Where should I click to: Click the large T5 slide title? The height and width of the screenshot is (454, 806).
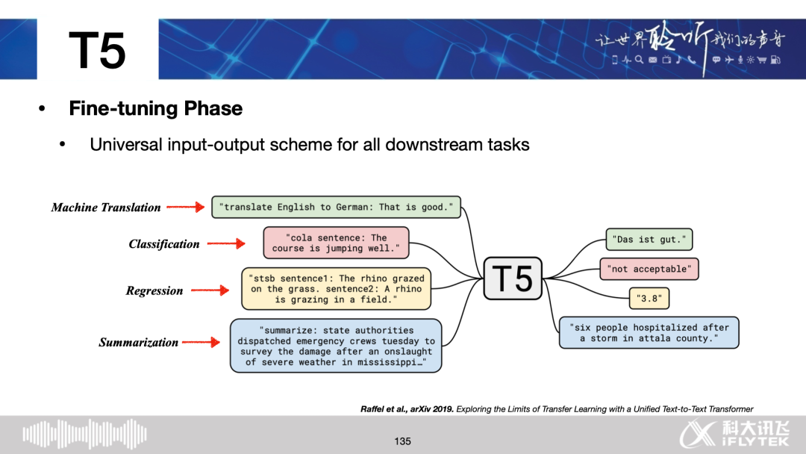click(x=97, y=51)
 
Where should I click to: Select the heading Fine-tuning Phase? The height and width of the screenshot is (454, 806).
click(x=155, y=108)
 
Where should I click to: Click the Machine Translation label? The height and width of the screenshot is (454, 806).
click(x=106, y=208)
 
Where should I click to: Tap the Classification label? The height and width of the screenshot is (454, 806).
click(x=164, y=244)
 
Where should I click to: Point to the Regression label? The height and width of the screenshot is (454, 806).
click(x=154, y=291)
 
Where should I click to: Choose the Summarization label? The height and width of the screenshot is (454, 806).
click(x=139, y=343)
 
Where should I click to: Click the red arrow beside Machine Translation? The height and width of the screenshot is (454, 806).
click(x=184, y=208)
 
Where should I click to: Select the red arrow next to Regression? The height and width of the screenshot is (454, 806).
click(x=210, y=291)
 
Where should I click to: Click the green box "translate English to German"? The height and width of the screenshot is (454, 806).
click(x=337, y=207)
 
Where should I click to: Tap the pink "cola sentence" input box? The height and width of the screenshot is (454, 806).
click(x=337, y=243)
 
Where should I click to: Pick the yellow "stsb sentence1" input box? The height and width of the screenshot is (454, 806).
click(x=337, y=289)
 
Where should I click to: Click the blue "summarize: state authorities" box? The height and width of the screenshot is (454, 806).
click(x=336, y=346)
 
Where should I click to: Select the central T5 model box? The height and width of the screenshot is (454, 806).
click(x=513, y=279)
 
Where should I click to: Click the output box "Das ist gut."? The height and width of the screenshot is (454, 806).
click(x=649, y=240)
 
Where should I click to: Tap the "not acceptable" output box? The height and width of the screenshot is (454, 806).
click(x=649, y=269)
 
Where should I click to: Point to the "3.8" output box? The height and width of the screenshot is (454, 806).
click(x=649, y=299)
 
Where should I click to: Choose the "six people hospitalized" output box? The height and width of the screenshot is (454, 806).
click(x=649, y=333)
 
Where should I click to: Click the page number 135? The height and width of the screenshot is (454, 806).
click(x=403, y=441)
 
